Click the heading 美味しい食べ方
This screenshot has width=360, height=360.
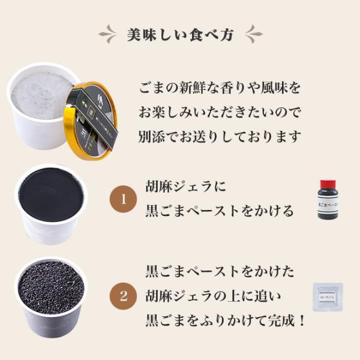[x=179, y=34]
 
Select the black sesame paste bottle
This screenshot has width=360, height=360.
[x=327, y=200]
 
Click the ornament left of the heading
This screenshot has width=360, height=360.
[x=107, y=34]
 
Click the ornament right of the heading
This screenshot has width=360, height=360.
[x=253, y=34]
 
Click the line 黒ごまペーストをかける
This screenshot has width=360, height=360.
[x=220, y=211]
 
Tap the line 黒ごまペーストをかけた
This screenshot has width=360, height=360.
[x=220, y=271]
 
